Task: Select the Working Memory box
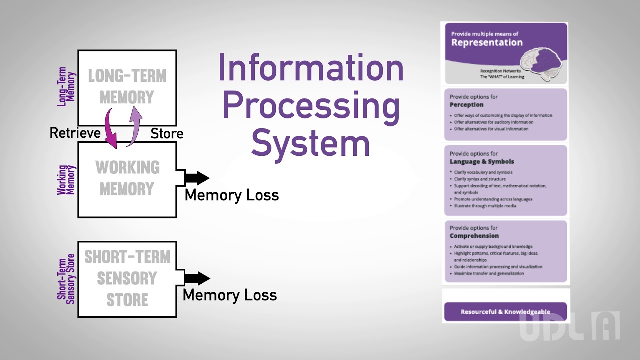point(127,179)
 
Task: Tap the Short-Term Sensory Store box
point(127,278)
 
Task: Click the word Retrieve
point(75,133)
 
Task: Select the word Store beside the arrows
point(167,134)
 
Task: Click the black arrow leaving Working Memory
point(196,177)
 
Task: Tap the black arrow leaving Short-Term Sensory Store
point(196,278)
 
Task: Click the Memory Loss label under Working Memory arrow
point(232,195)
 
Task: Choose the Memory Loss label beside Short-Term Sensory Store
point(230,295)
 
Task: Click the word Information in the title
point(311,69)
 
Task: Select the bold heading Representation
point(487,43)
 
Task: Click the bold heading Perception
point(466,105)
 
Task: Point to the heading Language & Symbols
point(482,162)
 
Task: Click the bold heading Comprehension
point(474,236)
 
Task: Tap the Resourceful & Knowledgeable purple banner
point(505,312)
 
